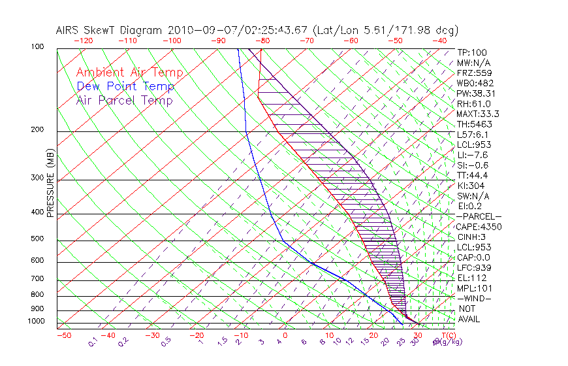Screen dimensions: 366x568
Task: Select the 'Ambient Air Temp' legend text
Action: (x=129, y=73)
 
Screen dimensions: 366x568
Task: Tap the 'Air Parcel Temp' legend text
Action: (x=124, y=100)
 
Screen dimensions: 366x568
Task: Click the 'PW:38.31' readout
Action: (x=475, y=93)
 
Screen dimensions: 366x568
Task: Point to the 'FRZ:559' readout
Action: (x=473, y=73)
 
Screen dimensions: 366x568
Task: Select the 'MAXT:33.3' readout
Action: (x=477, y=114)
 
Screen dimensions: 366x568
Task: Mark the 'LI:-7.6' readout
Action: (x=473, y=155)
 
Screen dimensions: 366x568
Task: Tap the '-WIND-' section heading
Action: (x=474, y=298)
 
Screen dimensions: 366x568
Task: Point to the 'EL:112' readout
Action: (x=471, y=278)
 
